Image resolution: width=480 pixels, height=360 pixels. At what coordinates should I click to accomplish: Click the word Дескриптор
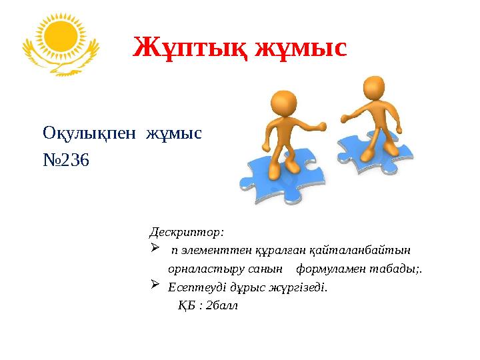pos(186,232)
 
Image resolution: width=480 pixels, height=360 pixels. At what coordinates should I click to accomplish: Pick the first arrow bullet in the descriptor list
pos(155,249)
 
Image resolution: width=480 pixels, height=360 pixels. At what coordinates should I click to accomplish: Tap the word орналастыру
pos(203,269)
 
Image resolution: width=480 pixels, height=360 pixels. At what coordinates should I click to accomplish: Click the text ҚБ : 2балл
pos(207,306)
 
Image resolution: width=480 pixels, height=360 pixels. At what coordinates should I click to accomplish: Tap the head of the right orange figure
pos(373,87)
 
